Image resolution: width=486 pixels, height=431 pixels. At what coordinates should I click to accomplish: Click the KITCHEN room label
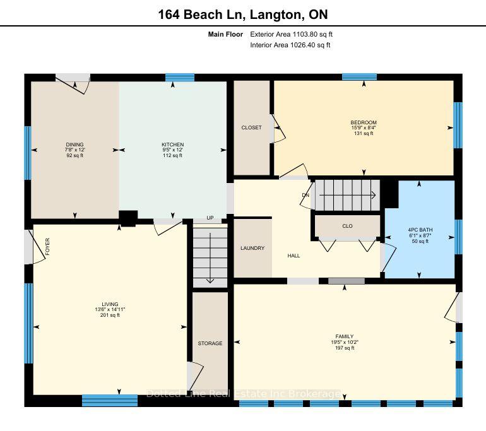pos(173,145)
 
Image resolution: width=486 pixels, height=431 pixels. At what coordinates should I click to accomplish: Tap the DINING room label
pos(74,145)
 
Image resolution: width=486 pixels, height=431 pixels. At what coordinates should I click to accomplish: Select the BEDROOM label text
pos(364,122)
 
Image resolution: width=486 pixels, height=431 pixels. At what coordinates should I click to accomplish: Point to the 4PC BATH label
pos(420,230)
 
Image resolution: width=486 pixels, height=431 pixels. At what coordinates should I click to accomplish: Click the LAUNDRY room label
pos(252,248)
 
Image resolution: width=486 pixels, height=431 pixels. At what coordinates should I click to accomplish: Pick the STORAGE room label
pos(210,343)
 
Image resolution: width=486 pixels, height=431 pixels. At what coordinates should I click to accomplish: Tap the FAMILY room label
pos(345,336)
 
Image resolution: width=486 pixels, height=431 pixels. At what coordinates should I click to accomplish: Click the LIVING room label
pos(110,304)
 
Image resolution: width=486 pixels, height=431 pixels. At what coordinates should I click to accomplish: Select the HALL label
pos(293,256)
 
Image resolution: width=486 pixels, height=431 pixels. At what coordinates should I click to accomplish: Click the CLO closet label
pos(347,226)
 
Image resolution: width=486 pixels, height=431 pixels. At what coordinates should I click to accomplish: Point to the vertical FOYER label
pos(47,247)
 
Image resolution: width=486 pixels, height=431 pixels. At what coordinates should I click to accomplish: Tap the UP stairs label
pos(210,218)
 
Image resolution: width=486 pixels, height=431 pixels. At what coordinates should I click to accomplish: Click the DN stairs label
pos(305,195)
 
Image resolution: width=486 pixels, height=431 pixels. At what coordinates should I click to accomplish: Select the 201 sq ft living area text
pos(110,315)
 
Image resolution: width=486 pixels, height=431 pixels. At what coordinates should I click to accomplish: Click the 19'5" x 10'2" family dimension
pos(345,343)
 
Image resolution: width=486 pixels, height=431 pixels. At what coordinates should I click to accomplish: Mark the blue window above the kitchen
pos(180,78)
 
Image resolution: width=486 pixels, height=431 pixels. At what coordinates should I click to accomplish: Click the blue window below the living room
pos(110,400)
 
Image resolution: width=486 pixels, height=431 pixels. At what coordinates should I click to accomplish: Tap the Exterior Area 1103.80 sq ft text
pos(292,34)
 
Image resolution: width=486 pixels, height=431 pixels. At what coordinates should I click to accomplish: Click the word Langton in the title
pos(275,15)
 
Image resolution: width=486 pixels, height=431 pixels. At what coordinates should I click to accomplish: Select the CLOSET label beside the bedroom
pos(251,127)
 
